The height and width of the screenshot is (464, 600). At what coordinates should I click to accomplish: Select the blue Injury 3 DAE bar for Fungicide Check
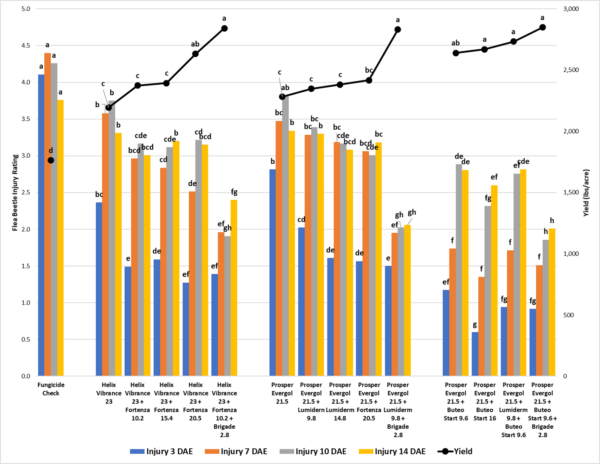(x=41, y=225)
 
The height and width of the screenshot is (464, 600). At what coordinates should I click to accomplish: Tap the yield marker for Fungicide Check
(x=51, y=160)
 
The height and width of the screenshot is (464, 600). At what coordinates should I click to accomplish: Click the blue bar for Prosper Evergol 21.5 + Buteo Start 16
(x=475, y=354)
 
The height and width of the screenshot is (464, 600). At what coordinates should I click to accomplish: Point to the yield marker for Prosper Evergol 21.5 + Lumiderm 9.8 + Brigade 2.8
(x=398, y=30)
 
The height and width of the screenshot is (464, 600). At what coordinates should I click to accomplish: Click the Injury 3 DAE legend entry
(x=162, y=452)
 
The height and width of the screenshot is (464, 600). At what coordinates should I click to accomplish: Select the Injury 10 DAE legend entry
(x=313, y=452)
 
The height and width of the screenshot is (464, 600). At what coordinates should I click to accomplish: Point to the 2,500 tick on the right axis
(x=571, y=70)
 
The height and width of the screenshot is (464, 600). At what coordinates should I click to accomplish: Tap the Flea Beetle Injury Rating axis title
(x=15, y=192)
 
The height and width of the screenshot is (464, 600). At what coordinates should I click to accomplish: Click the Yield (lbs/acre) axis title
(x=586, y=193)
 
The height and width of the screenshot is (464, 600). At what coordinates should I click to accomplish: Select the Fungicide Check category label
(x=51, y=389)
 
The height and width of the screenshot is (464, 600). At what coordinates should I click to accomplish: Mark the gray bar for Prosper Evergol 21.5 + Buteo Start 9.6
(x=459, y=270)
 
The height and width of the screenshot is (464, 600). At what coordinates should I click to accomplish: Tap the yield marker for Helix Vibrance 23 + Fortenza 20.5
(x=196, y=54)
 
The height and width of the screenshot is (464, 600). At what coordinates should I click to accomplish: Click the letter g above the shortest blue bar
(x=475, y=325)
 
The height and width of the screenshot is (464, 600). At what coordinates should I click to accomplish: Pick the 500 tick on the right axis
(x=568, y=315)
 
